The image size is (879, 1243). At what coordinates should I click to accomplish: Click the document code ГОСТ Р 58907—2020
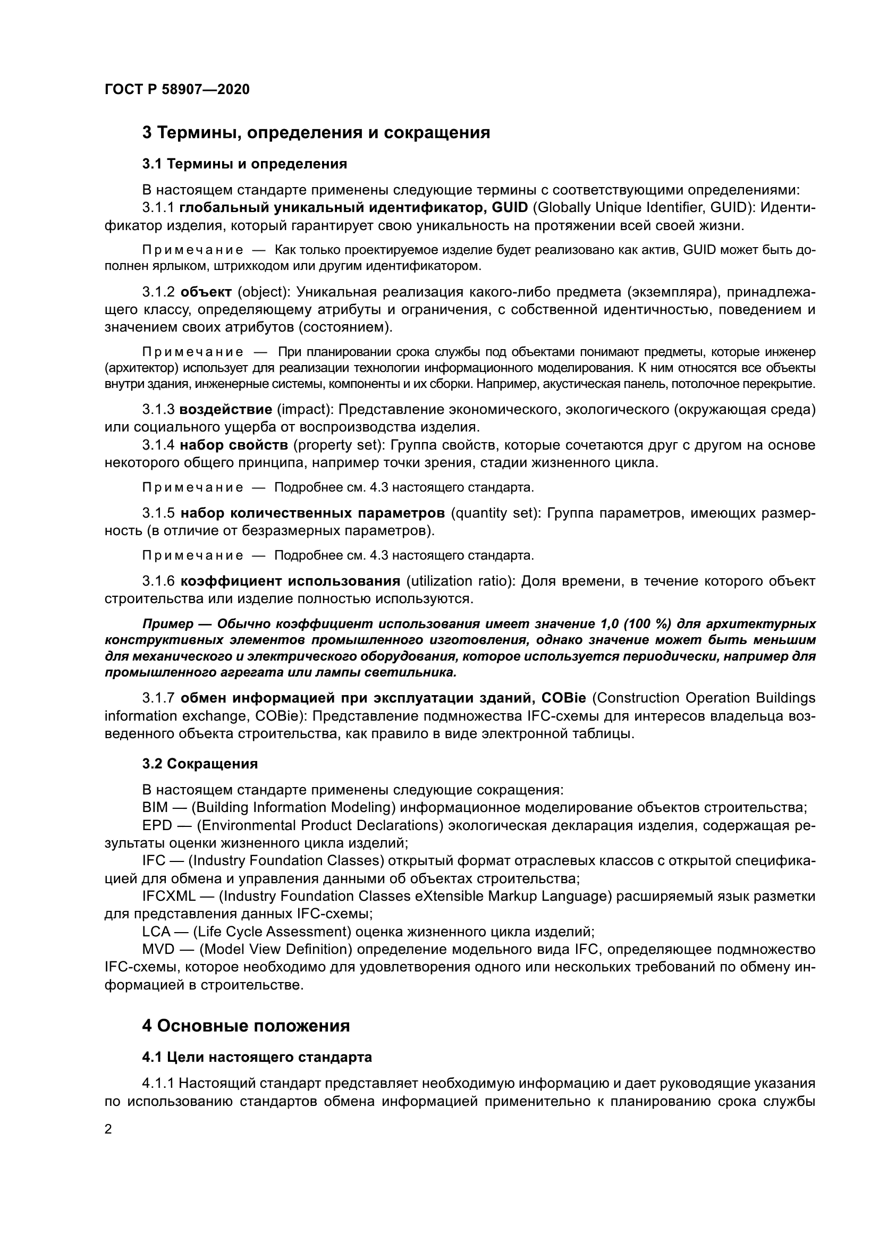pos(177,90)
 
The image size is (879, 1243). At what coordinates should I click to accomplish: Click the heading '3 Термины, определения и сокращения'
pos(316,133)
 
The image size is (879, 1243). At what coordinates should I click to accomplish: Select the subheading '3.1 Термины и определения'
pos(244,164)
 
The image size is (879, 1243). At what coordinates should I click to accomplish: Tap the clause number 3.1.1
pos(158,208)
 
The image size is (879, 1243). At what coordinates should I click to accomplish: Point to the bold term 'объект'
pos(206,292)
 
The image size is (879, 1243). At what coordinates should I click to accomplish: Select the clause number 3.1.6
pos(158,581)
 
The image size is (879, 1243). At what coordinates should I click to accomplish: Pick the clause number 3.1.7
pos(158,698)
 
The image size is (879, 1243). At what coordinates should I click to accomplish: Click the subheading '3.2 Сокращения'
pos(200,764)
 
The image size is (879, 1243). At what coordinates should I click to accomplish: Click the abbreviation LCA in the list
pos(156,932)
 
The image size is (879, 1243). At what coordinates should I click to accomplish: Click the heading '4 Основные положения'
pos(246,1026)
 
